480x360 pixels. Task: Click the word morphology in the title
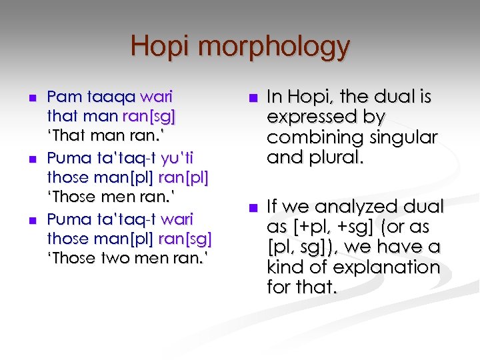click(274, 48)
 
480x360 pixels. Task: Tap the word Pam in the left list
click(60, 97)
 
